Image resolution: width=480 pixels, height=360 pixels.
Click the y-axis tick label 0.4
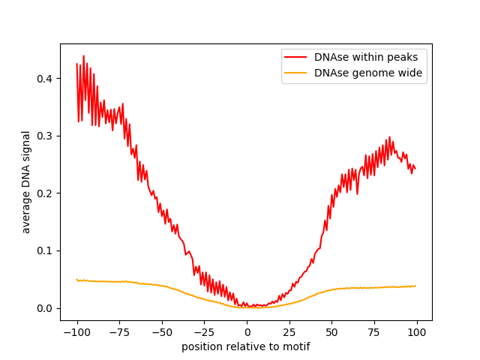coord(46,79)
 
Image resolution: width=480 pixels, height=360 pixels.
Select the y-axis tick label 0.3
coord(46,136)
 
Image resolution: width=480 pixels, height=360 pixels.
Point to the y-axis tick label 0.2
coord(46,193)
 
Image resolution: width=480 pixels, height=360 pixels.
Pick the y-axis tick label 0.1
coord(46,250)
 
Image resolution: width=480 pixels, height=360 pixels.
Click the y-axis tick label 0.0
coord(46,308)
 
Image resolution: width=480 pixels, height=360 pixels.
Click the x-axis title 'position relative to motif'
coord(246,347)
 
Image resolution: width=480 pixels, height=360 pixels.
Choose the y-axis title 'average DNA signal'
coord(26,182)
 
